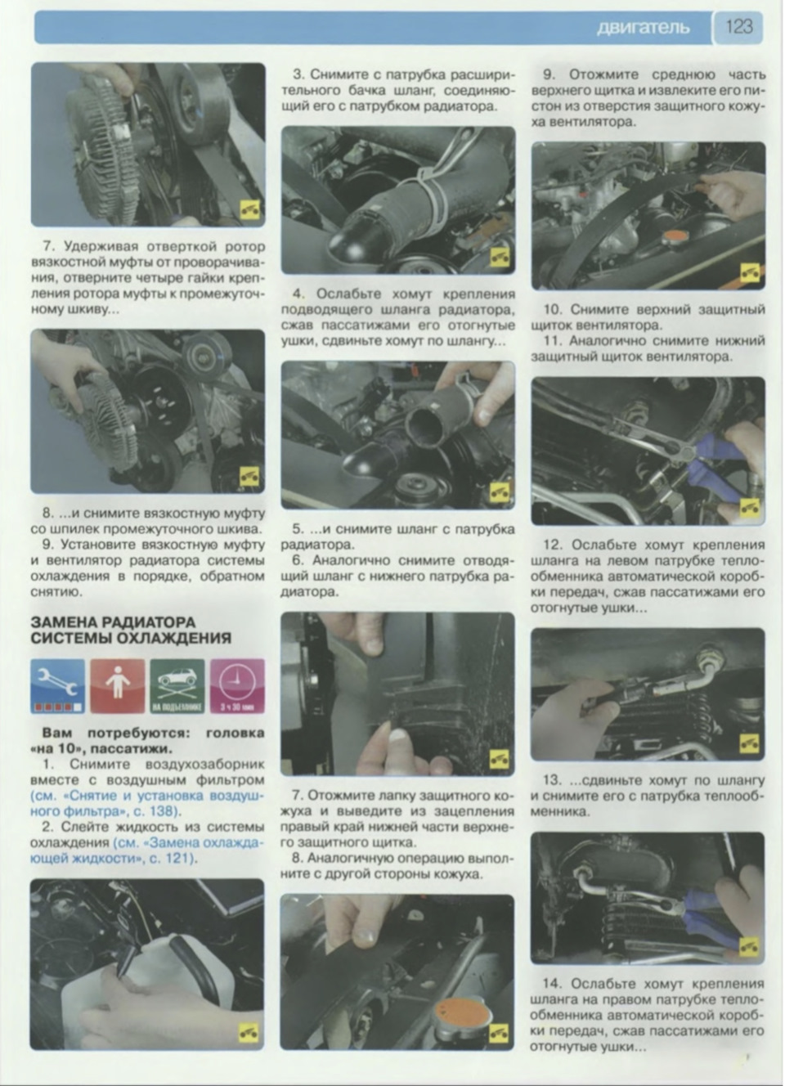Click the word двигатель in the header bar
643,27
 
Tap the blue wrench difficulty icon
57,685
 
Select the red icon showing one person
118,685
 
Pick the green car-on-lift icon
177,685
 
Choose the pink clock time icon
237,685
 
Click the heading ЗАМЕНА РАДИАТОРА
113,622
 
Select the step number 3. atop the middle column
298,75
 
